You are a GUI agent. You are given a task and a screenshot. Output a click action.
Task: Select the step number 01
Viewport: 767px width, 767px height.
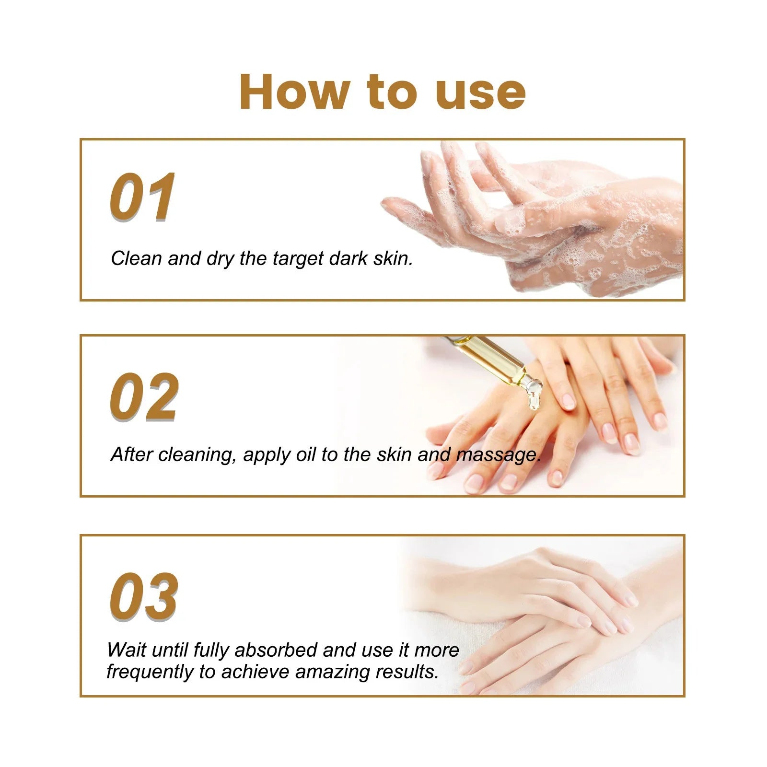(142, 197)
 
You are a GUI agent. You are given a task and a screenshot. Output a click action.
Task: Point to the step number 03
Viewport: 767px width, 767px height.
(144, 597)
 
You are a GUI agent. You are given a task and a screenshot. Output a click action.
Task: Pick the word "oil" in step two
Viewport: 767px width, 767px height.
(306, 454)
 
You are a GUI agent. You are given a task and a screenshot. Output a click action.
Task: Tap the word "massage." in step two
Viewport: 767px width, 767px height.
(499, 455)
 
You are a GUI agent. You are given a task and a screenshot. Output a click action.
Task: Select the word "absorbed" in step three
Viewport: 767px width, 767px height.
(276, 650)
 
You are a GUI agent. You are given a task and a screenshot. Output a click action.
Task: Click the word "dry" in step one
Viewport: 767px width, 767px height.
(220, 259)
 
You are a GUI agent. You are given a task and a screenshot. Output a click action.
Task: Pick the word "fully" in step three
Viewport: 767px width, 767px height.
(211, 651)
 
